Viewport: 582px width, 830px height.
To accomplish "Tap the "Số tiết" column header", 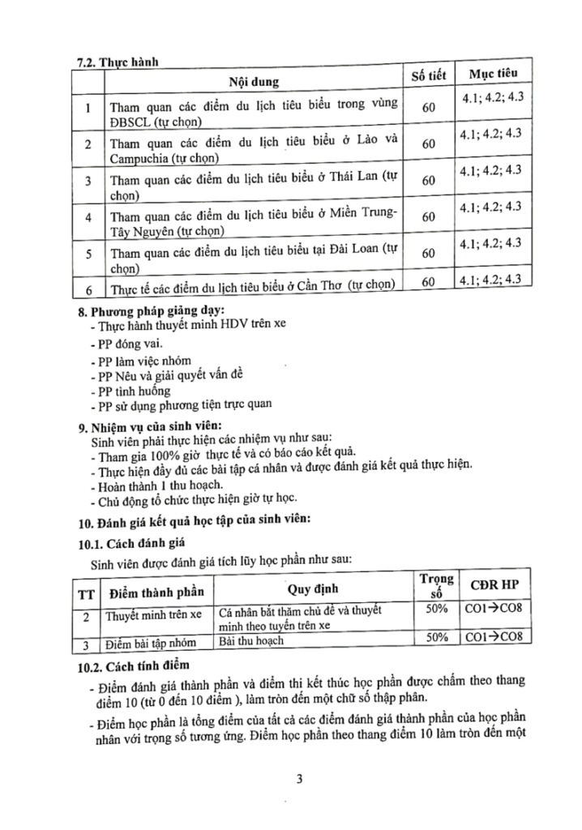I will (430, 77).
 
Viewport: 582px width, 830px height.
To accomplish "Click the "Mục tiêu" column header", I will (493, 75).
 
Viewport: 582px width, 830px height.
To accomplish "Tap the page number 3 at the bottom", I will (299, 780).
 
